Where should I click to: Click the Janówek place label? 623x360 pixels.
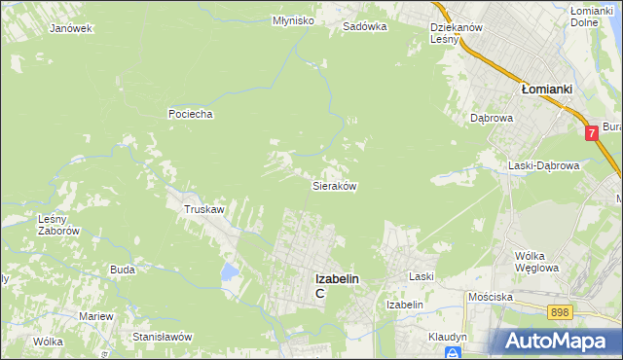[x=70, y=28]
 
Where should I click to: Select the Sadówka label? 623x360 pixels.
[x=365, y=27]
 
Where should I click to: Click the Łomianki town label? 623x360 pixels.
[x=546, y=88]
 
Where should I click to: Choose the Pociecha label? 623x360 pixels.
[x=190, y=114]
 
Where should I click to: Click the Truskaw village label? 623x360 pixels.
[x=204, y=209]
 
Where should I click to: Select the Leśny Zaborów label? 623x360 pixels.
[x=57, y=225]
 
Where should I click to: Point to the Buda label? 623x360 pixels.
[x=123, y=270]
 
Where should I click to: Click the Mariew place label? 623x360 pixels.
[x=97, y=317]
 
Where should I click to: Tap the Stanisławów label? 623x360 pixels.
[x=163, y=336]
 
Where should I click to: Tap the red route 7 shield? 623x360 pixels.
[x=592, y=134]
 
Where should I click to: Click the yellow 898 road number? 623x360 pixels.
[x=559, y=311]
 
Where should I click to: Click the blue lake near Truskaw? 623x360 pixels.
[x=229, y=270]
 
